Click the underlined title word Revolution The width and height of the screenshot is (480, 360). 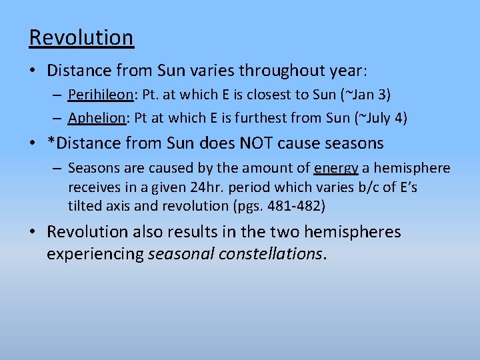point(81,37)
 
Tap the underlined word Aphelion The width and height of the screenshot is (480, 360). point(97,118)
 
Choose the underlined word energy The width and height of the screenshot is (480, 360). point(336,169)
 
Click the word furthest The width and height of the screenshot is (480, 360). point(273,118)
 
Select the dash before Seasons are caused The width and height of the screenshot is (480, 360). point(58,169)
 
